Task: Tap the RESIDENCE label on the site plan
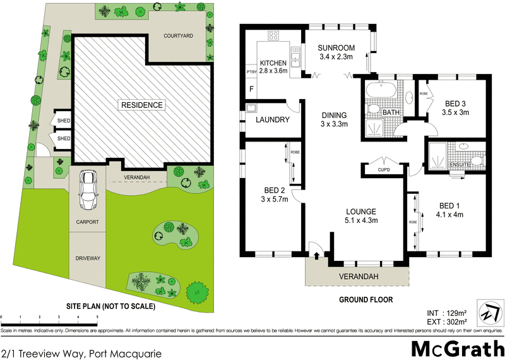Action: tap(143, 105)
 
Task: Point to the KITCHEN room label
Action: tap(273, 63)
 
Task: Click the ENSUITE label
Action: tap(458, 164)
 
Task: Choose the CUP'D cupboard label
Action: tap(383, 170)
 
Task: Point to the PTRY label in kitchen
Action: tap(251, 72)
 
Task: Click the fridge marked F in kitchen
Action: tap(251, 90)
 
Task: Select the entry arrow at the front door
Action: tap(316, 256)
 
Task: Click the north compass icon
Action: tap(489, 313)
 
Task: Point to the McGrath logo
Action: tap(454, 349)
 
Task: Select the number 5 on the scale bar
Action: tap(97, 316)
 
